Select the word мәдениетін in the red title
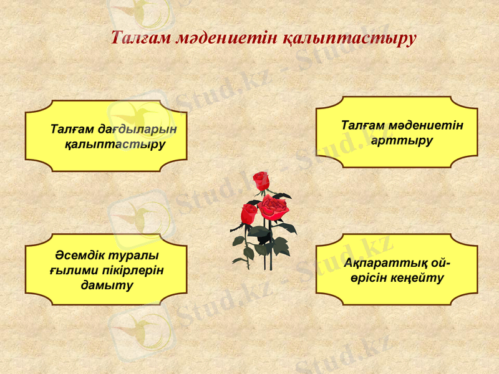221,38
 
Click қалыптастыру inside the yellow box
115,145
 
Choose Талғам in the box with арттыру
364,125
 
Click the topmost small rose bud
260,181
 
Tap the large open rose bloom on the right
274,207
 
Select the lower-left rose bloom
249,214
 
